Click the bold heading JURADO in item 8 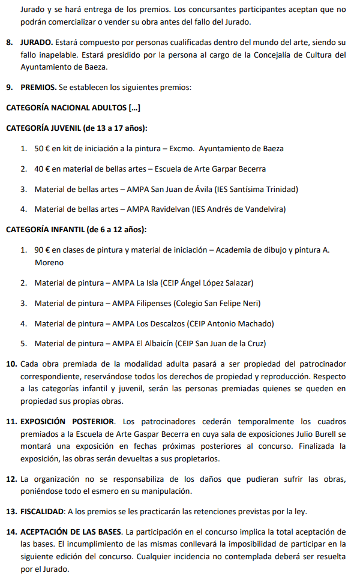(37, 43)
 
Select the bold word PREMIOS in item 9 (38, 87)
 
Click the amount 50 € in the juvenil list (42, 148)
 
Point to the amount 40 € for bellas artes (42, 169)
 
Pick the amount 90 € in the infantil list (42, 250)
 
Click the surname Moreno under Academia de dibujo (49, 262)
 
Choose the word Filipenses (150, 303)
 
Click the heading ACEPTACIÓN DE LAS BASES (71, 532)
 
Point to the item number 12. (11, 479)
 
